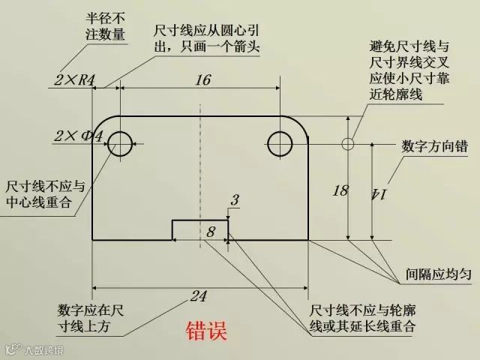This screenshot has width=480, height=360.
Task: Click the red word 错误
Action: [x=206, y=331]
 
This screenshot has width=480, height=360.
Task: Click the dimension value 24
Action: [x=197, y=296]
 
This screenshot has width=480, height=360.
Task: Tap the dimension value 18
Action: [x=340, y=190]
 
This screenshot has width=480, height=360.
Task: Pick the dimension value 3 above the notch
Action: [x=235, y=200]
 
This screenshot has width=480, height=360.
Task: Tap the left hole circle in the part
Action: [x=120, y=142]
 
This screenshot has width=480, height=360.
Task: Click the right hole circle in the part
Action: [x=280, y=142]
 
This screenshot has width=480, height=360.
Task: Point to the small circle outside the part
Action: [x=347, y=143]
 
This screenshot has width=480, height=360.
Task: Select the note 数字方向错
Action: [x=436, y=146]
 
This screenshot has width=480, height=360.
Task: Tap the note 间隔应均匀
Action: [x=438, y=274]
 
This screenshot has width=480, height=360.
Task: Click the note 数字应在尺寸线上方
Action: [x=90, y=318]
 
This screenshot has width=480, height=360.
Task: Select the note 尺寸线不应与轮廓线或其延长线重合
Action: [x=363, y=318]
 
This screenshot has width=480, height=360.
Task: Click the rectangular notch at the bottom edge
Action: [x=200, y=229]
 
